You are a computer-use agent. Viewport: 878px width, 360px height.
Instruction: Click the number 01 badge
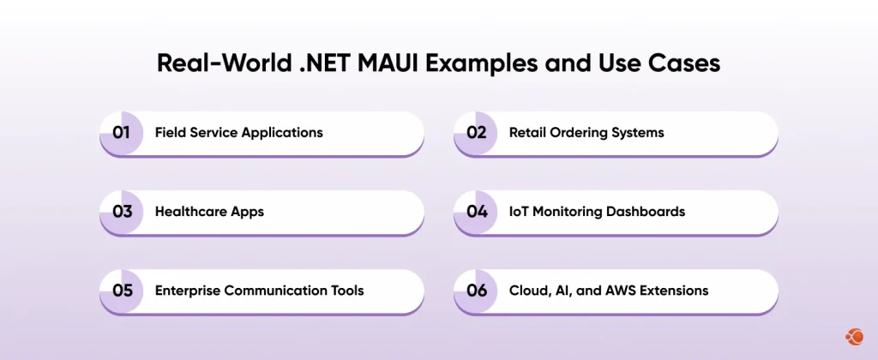[x=122, y=133]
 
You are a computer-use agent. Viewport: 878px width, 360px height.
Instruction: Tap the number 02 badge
[x=476, y=133]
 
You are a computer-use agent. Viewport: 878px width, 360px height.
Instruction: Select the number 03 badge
[x=122, y=212]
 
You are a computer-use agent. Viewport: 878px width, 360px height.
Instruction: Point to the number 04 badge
[x=476, y=212]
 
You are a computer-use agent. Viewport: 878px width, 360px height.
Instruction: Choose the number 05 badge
[x=122, y=291]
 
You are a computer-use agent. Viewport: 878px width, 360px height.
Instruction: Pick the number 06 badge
[x=476, y=291]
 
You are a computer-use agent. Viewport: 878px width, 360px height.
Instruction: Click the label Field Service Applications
[x=238, y=133]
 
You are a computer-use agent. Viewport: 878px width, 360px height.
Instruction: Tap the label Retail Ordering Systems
[x=586, y=133]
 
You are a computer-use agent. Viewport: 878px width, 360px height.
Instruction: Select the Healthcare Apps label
[x=209, y=212]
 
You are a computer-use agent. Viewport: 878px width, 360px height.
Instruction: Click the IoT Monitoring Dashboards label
[x=597, y=212]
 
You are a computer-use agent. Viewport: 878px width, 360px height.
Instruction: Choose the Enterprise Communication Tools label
[x=259, y=291]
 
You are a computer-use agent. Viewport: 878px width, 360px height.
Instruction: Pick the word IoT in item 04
[x=520, y=212]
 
